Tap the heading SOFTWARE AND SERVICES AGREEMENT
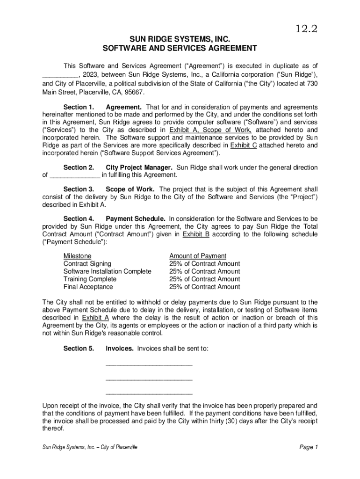click(180, 48)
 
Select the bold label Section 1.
click(79, 107)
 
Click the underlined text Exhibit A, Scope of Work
click(210, 130)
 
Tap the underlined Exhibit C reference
click(244, 145)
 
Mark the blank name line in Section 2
click(75, 175)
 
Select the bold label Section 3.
click(79, 189)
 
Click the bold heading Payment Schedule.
click(135, 218)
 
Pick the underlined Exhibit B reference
click(196, 234)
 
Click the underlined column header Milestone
click(77, 256)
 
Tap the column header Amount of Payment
click(198, 256)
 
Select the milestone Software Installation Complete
click(107, 271)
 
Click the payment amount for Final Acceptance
click(204, 287)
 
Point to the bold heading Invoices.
click(120, 348)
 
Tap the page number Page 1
click(309, 447)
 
